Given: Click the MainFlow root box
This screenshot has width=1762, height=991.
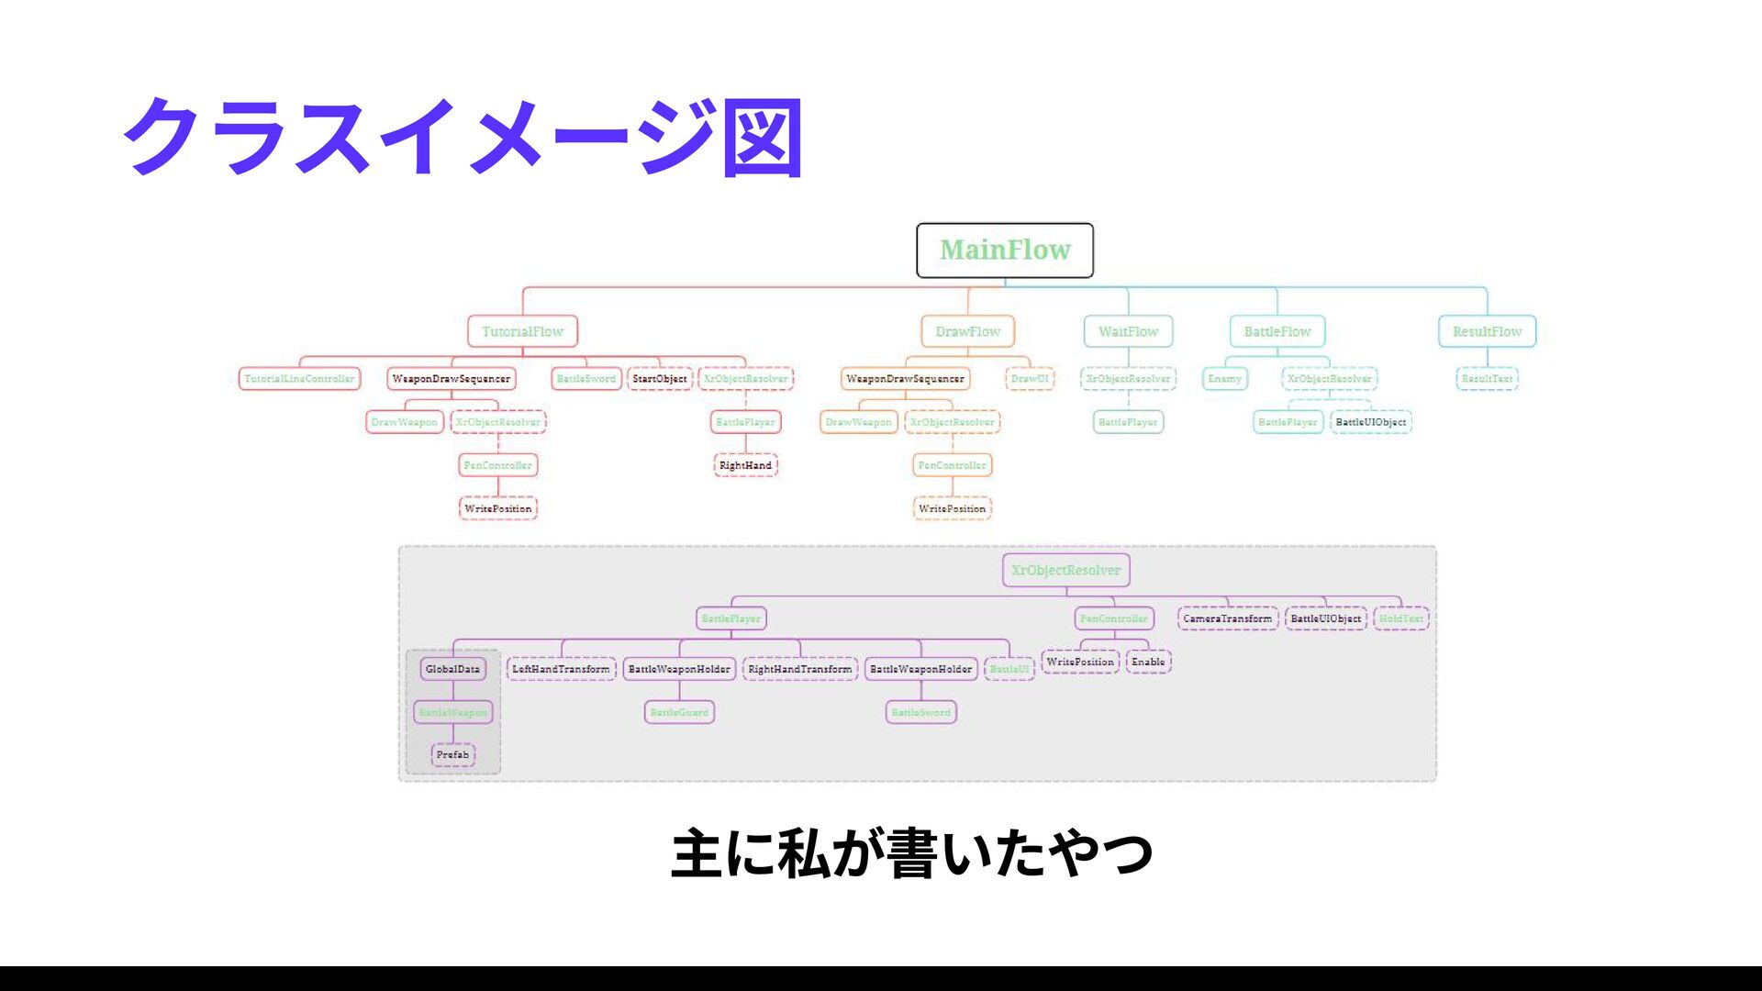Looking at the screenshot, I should point(1005,250).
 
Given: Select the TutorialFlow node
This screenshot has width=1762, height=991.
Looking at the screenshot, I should point(522,331).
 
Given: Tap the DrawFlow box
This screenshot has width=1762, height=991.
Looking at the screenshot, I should point(967,331).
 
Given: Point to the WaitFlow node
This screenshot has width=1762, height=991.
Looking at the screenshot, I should point(1128,331).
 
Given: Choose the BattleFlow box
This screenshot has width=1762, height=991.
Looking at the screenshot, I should point(1277,331).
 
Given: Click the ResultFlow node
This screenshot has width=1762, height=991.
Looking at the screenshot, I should point(1487,331).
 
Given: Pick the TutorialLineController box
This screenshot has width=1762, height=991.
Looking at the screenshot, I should point(299,379).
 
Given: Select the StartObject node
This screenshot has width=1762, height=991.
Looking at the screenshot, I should point(660,379).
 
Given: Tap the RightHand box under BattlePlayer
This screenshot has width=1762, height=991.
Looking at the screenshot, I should point(745,465).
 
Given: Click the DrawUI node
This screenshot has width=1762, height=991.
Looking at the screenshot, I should point(1030,379).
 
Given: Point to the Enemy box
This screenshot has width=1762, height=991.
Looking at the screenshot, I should point(1224,379).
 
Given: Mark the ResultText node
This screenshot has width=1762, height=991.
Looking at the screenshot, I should point(1487,379).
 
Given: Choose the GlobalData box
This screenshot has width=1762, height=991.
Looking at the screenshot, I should point(452,669).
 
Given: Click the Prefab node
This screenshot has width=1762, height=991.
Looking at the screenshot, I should point(452,755).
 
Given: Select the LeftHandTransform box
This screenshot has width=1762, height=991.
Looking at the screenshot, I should point(561,669).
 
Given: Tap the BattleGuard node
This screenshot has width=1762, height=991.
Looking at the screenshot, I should point(679,712).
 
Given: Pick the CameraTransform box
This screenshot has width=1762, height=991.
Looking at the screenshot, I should point(1227,618).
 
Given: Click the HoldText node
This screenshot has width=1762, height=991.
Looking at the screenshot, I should point(1401,618).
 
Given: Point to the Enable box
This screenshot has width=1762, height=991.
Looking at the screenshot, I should point(1148,662).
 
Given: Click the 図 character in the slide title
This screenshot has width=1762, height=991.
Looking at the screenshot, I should point(763,138).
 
